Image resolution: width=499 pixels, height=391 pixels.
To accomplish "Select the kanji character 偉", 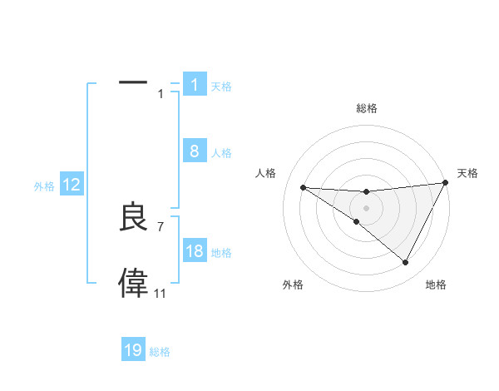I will [133, 283].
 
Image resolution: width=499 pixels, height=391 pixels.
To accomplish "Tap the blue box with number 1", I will [194, 85].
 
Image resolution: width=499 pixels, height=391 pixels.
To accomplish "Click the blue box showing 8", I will [194, 151].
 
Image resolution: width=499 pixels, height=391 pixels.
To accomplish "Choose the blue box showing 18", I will [194, 251].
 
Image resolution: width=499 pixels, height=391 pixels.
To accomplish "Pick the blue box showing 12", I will [72, 186].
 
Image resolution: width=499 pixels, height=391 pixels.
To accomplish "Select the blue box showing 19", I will [133, 350].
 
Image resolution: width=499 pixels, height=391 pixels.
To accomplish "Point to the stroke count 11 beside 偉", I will [160, 293].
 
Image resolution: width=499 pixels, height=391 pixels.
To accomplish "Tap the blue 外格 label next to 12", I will [44, 186].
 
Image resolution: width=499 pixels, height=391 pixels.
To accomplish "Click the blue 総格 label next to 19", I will [160, 352].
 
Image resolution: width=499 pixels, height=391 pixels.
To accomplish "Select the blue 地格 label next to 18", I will [221, 253].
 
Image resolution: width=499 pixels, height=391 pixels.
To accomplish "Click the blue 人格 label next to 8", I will [221, 153].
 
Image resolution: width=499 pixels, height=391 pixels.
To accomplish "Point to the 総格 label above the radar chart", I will [366, 109].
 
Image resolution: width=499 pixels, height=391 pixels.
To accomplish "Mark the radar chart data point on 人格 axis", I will [303, 187].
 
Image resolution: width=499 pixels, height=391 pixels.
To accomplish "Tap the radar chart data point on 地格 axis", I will [406, 262].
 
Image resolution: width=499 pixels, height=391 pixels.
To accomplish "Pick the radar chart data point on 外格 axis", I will [356, 221].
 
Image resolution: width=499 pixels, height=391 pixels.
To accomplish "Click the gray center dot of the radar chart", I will [366, 207].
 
